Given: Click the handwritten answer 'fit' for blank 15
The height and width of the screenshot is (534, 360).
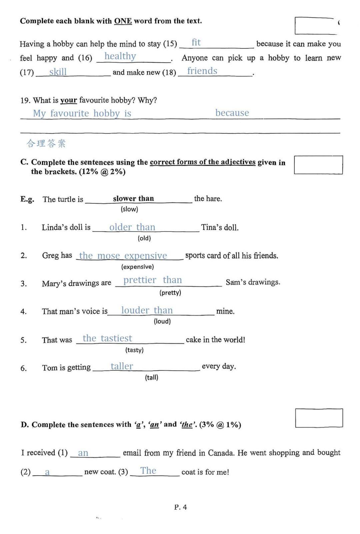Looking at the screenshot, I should (196, 43).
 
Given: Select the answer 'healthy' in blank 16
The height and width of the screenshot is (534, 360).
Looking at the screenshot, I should (120, 56).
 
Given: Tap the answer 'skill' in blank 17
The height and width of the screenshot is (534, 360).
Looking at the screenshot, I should (58, 72).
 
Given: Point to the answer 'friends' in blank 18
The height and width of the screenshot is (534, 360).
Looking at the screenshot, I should (202, 71).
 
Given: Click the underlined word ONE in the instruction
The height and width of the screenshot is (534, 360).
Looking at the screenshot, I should (123, 21).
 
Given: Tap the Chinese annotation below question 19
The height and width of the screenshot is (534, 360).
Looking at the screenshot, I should (46, 143).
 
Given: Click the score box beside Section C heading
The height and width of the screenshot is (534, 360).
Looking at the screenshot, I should (318, 165).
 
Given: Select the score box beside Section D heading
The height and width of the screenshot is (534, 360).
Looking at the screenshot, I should (319, 418).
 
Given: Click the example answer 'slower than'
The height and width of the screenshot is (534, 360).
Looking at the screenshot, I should (133, 199).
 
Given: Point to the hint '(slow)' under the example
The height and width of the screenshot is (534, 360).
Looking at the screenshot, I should (129, 209).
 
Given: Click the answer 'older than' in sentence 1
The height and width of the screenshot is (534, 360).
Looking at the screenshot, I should (132, 227).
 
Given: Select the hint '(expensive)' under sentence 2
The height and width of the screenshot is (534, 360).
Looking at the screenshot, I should (137, 267).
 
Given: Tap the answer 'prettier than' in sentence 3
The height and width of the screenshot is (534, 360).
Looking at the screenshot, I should (153, 280).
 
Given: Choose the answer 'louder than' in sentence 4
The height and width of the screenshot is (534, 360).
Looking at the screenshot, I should (147, 310).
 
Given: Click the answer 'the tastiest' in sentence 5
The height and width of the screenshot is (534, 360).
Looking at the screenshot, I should (107, 338).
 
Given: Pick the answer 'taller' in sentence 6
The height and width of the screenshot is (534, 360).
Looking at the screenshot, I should (122, 366).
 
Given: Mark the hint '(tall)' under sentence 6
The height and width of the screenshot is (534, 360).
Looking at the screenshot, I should (151, 377).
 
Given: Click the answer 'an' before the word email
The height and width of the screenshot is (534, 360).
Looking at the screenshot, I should (83, 453).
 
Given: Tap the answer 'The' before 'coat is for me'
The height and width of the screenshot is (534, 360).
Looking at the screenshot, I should (148, 471).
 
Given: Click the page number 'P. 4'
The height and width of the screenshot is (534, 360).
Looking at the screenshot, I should (180, 507).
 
